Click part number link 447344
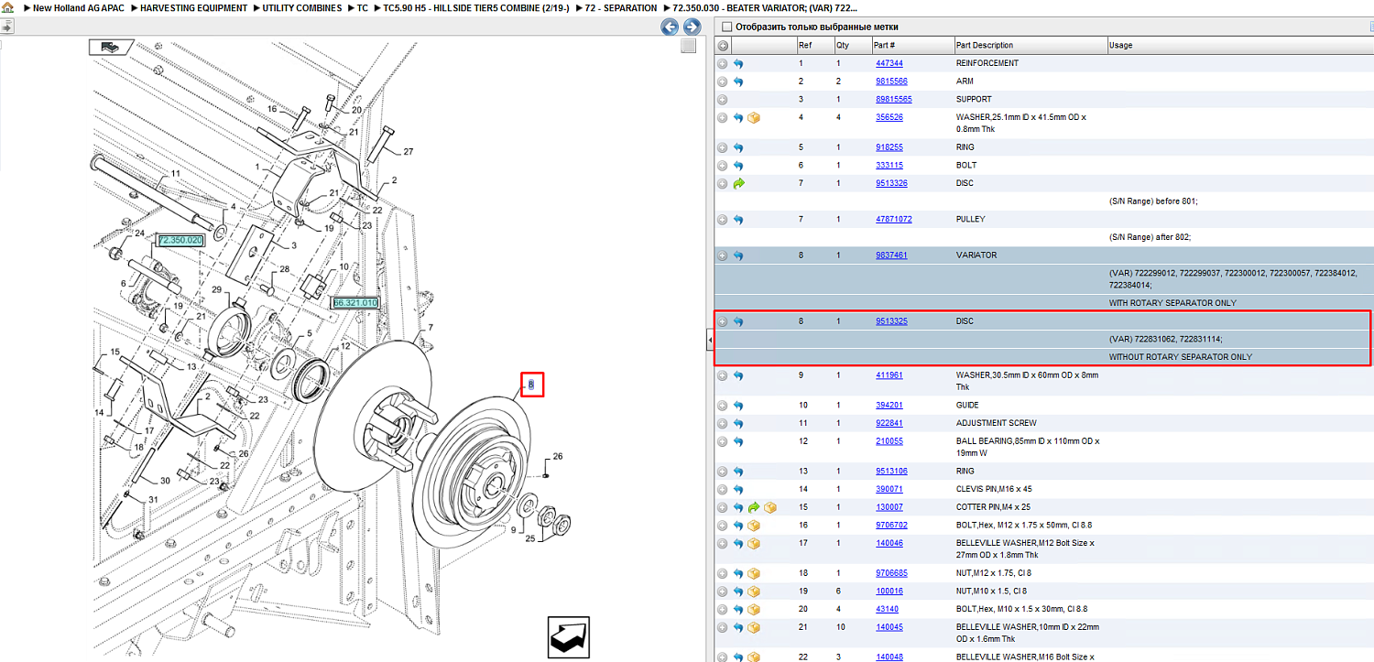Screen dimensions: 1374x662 click(x=889, y=63)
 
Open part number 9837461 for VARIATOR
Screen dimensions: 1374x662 click(x=891, y=255)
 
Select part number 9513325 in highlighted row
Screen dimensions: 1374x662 click(x=891, y=321)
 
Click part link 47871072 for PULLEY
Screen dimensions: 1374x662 click(x=894, y=219)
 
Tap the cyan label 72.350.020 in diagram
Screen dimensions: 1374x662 click(x=180, y=240)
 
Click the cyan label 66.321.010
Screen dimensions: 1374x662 click(x=355, y=303)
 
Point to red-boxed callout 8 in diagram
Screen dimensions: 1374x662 click(x=531, y=385)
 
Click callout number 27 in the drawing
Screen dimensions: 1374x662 click(x=409, y=151)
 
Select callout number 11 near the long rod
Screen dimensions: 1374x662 click(x=176, y=173)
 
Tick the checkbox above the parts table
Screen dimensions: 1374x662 click(x=727, y=27)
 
